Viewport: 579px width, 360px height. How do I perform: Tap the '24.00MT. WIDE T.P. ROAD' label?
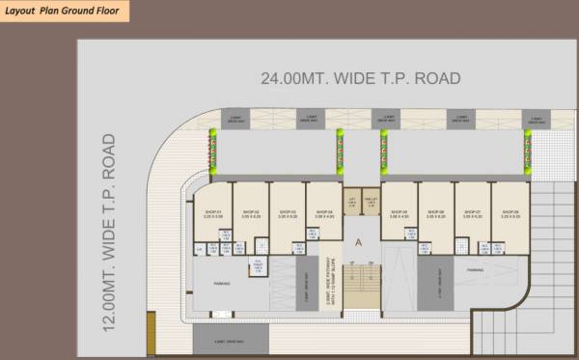(x=360, y=78)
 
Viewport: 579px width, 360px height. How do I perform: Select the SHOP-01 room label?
(x=213, y=212)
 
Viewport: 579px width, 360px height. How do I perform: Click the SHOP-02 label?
(x=251, y=212)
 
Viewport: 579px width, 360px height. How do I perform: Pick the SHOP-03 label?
(x=287, y=212)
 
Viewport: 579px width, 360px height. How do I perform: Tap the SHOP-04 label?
(x=323, y=212)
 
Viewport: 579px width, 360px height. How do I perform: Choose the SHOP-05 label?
(x=400, y=212)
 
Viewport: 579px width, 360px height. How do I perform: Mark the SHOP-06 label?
(x=435, y=212)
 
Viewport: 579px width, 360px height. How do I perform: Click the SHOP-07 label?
(x=472, y=212)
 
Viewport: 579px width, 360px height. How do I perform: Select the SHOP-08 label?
(x=510, y=212)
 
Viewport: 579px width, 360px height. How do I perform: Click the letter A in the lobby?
(x=360, y=243)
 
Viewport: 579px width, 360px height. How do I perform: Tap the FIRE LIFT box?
(x=370, y=201)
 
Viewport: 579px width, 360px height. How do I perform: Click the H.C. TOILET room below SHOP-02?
(x=258, y=267)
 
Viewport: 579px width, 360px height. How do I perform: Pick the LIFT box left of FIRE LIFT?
(x=352, y=201)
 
